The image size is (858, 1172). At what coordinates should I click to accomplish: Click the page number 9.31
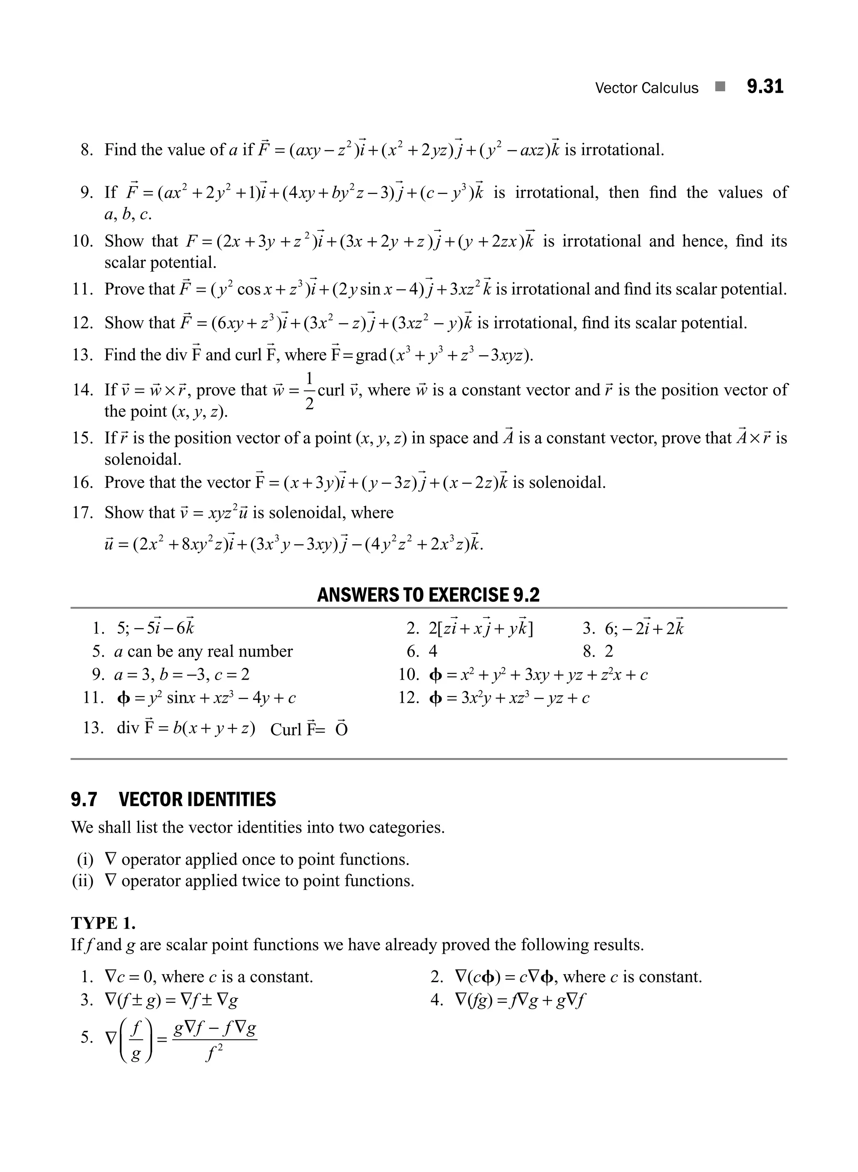point(765,87)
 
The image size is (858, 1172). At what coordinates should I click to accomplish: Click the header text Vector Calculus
point(646,88)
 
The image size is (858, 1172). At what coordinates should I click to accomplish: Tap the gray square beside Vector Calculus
point(720,87)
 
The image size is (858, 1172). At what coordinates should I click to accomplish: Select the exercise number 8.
point(87,150)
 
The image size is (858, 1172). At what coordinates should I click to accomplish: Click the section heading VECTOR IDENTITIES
point(197,799)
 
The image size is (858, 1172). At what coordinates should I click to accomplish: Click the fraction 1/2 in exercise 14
point(309,390)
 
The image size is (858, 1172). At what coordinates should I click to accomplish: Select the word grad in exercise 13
point(371,355)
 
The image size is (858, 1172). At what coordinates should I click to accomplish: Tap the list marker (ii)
point(83,881)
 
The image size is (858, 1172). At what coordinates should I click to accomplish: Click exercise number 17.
point(82,513)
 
